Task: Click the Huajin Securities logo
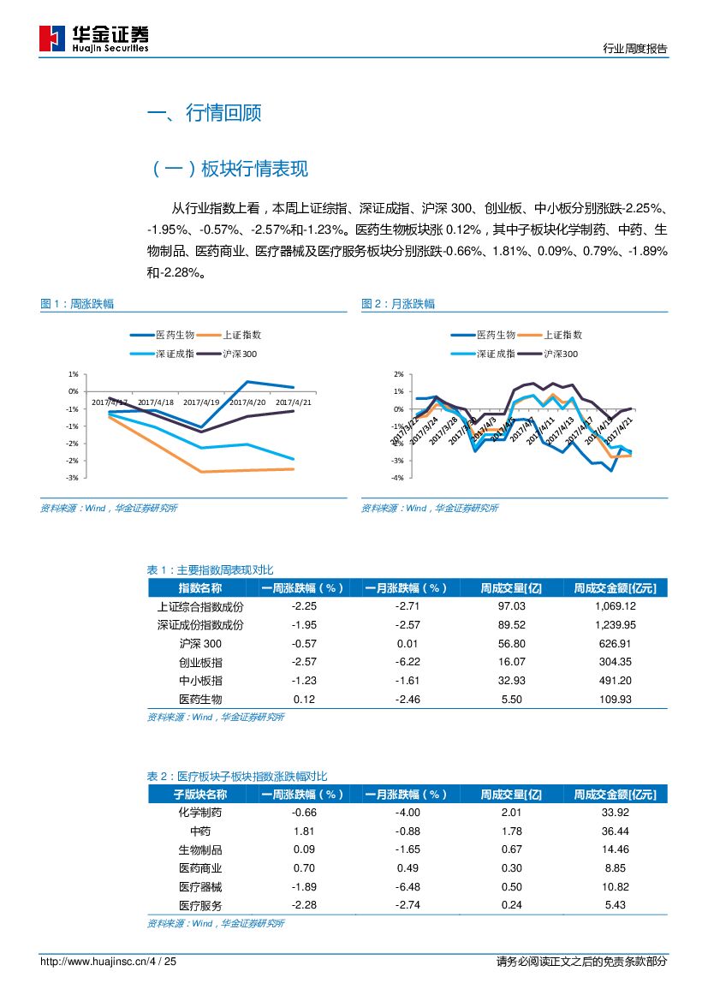[94, 38]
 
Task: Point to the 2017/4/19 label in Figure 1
[201, 401]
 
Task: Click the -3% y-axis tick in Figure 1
[74, 478]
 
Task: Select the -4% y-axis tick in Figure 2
[398, 478]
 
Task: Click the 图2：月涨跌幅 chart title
[397, 304]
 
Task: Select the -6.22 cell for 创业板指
[408, 662]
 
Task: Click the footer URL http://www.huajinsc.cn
[93, 962]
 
